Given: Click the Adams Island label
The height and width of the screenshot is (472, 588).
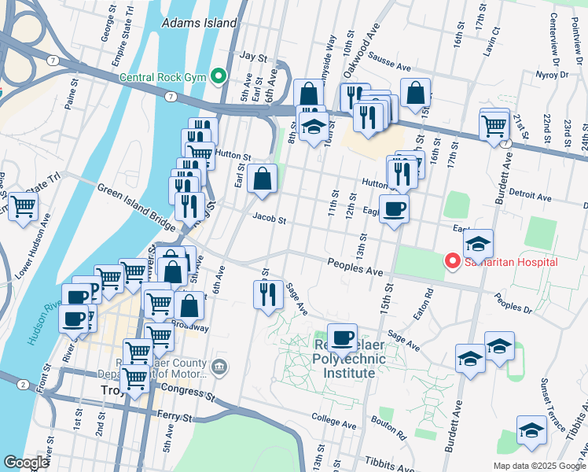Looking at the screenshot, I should tap(199, 23).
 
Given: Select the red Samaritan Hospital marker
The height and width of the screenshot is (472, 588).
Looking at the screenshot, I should tap(452, 261).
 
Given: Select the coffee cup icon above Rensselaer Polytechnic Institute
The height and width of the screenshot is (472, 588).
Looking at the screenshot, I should tap(342, 337).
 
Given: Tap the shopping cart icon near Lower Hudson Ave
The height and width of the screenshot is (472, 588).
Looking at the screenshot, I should tap(24, 207).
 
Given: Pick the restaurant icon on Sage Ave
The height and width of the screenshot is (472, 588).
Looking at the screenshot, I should tap(268, 293).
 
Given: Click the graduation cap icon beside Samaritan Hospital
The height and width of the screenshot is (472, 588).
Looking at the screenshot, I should tap(478, 243).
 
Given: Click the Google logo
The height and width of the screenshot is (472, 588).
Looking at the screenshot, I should tap(26, 462).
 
